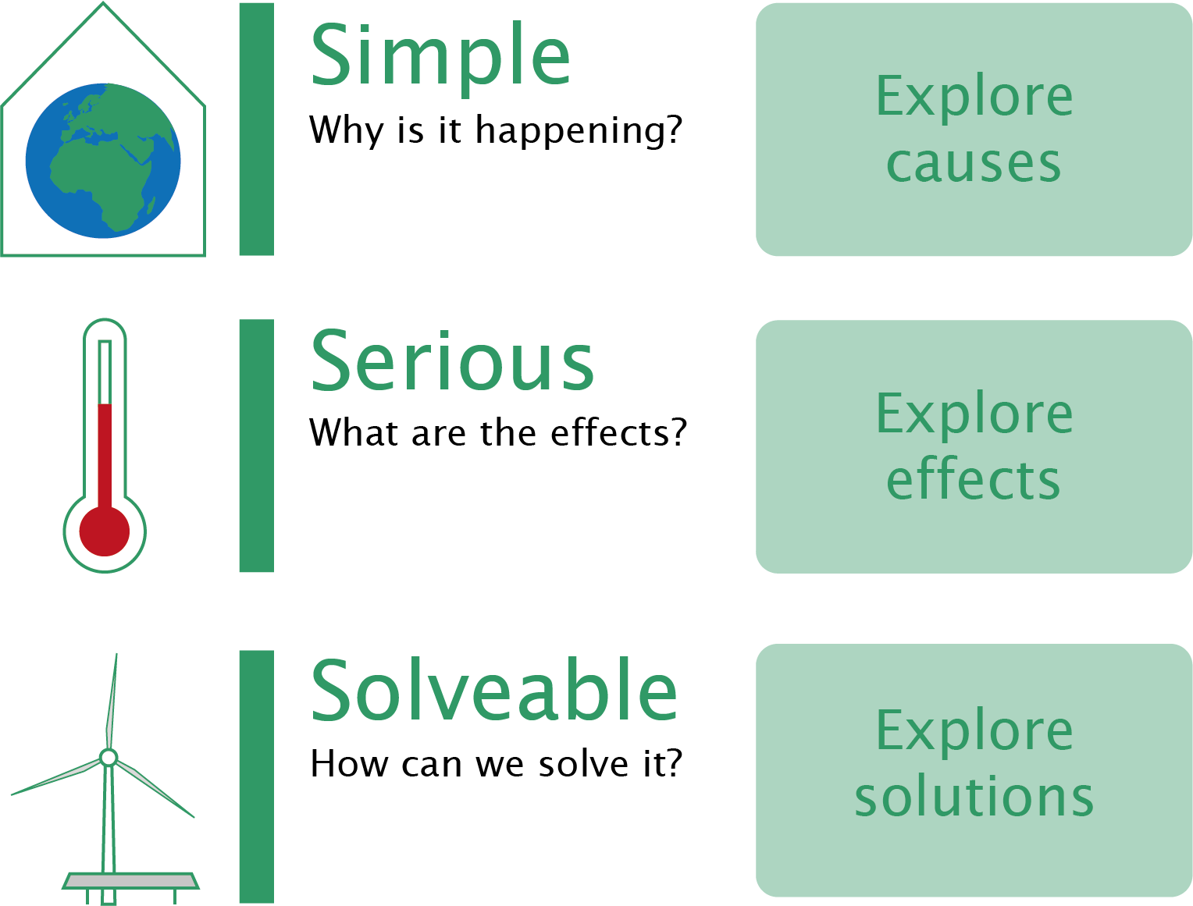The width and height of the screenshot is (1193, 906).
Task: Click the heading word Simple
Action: click(440, 59)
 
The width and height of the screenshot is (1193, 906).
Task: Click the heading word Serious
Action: click(452, 361)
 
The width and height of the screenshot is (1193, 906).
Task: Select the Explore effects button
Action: click(974, 446)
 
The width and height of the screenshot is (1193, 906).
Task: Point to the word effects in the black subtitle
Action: click(610, 432)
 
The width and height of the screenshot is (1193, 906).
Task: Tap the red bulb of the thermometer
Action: click(105, 531)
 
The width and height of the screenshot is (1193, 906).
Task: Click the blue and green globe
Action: click(103, 161)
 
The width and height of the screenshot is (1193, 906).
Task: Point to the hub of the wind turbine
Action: click(109, 757)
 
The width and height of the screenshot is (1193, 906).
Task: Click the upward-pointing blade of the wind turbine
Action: click(112, 701)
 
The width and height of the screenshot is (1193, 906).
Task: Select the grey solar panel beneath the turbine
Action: click(130, 881)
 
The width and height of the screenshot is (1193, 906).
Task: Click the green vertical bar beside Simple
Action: click(257, 130)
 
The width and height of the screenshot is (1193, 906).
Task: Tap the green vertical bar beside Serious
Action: click(257, 446)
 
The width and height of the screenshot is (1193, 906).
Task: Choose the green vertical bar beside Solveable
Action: click(257, 776)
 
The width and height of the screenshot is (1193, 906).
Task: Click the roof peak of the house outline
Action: click(103, 2)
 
